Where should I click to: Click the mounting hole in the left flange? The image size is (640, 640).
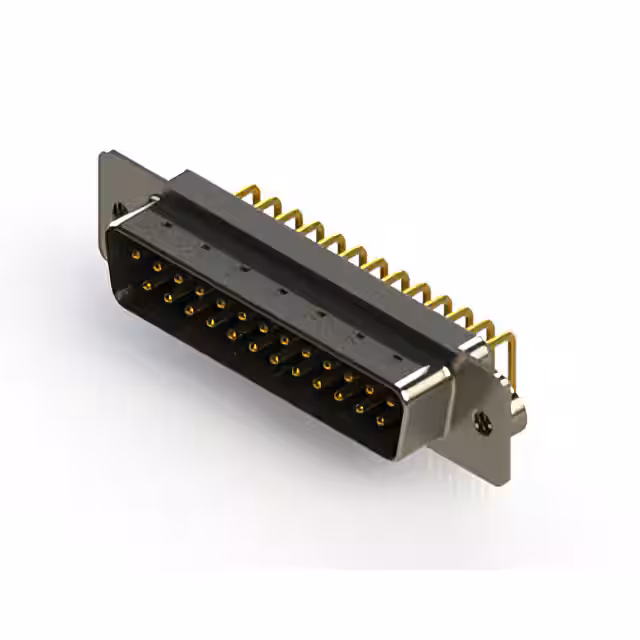click(x=120, y=208)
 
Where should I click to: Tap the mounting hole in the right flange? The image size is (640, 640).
click(x=483, y=425)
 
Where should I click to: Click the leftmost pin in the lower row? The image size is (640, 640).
click(x=146, y=286)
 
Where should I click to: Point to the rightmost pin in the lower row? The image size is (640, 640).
click(x=380, y=421)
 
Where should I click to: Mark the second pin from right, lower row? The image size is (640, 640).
click(x=359, y=409)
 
